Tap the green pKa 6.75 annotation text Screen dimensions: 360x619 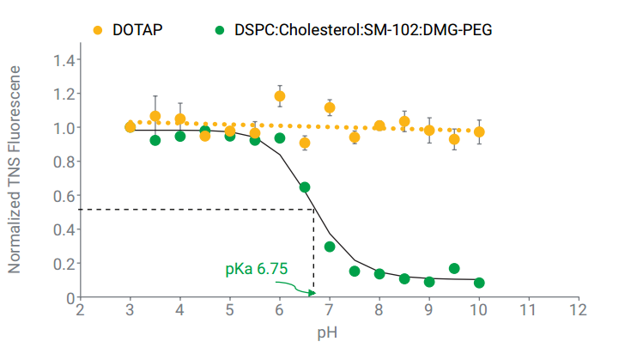pyautogui.click(x=256, y=269)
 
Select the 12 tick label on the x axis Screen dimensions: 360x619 pyautogui.click(x=579, y=309)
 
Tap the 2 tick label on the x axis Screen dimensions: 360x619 pyautogui.click(x=80, y=309)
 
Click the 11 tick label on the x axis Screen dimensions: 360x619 pyautogui.click(x=529, y=309)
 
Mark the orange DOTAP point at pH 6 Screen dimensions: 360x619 pyautogui.click(x=279, y=96)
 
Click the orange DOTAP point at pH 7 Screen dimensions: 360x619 pyautogui.click(x=330, y=107)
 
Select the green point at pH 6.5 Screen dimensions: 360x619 pyautogui.click(x=304, y=187)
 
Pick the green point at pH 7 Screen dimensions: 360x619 pyautogui.click(x=330, y=247)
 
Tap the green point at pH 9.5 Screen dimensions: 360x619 pyautogui.click(x=454, y=269)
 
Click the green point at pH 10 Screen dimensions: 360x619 pyautogui.click(x=479, y=283)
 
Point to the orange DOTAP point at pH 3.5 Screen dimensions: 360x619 pyautogui.click(x=155, y=116)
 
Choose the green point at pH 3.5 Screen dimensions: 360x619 pyautogui.click(x=155, y=140)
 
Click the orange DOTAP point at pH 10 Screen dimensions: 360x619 pyautogui.click(x=479, y=132)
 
